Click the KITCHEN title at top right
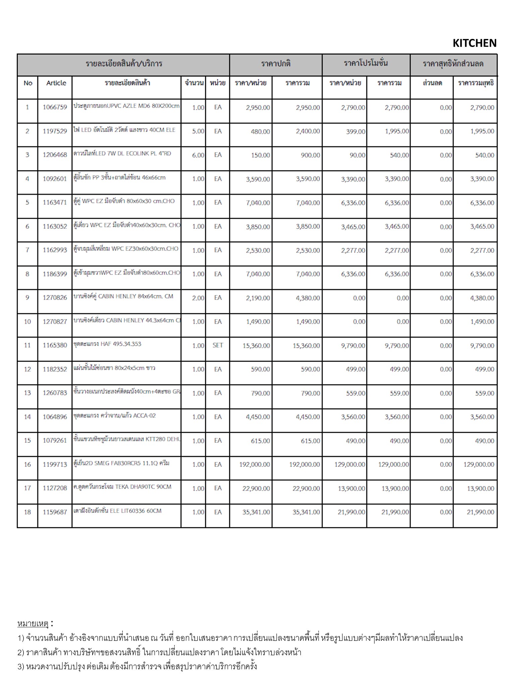point(474,43)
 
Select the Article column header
point(56,83)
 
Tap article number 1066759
point(55,107)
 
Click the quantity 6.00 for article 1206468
point(198,155)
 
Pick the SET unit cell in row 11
point(218,345)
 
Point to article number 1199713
point(55,465)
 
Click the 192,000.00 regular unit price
point(254,465)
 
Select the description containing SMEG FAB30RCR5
point(121,463)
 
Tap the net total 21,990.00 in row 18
point(480,512)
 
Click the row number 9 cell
point(27,298)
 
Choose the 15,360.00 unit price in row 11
point(256,346)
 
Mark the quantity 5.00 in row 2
point(198,131)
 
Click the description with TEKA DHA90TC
point(122,487)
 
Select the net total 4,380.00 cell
point(482,298)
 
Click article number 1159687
point(55,512)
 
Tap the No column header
point(28,83)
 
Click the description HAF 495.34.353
point(107,344)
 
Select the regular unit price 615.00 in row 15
point(260,441)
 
